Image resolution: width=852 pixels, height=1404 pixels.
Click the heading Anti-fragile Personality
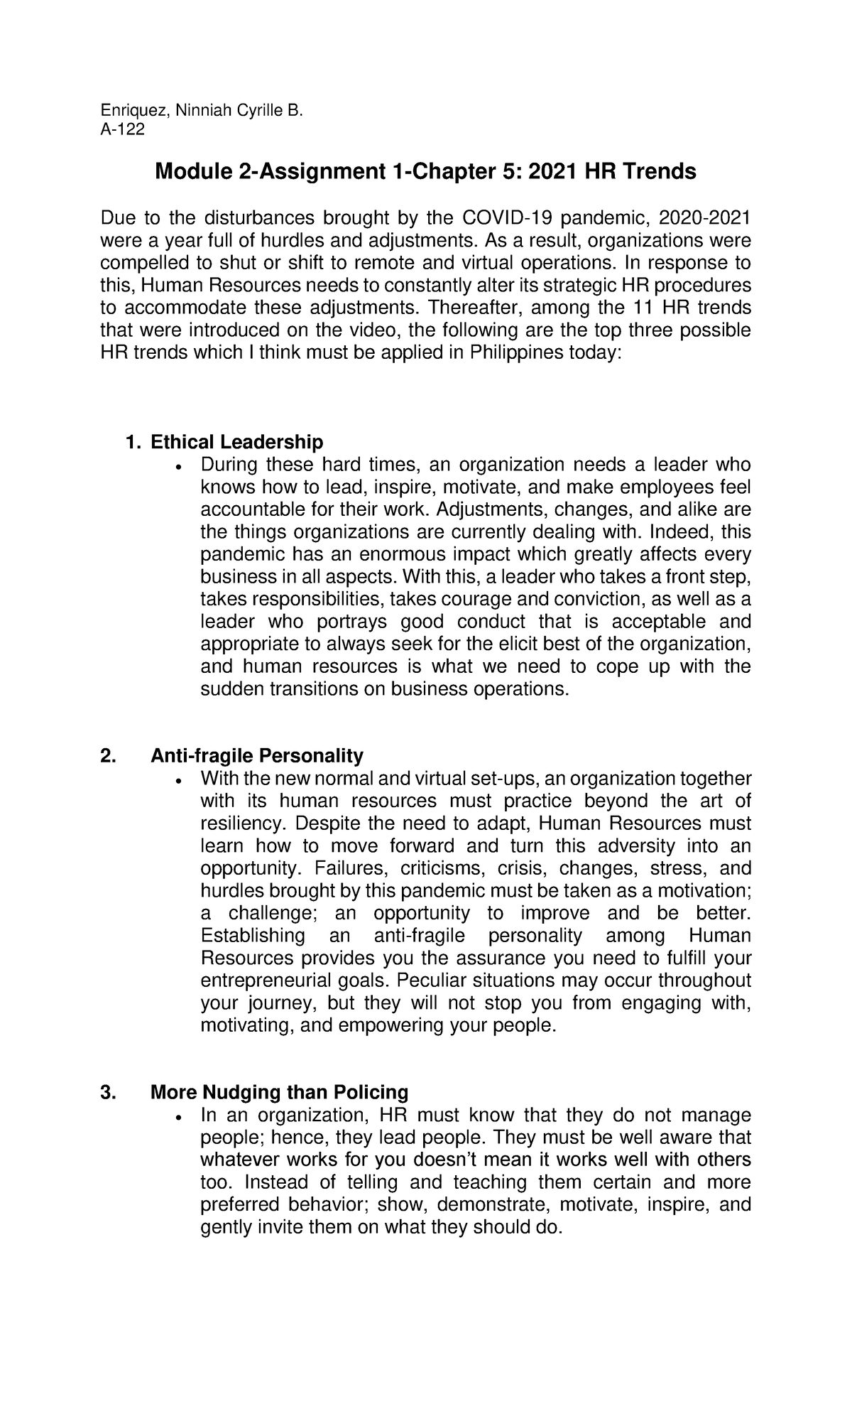click(x=256, y=755)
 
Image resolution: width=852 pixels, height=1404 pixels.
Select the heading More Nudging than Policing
click(x=280, y=1091)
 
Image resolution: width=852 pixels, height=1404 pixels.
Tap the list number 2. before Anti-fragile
click(x=108, y=755)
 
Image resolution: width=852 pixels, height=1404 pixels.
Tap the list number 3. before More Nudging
click(x=108, y=1091)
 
